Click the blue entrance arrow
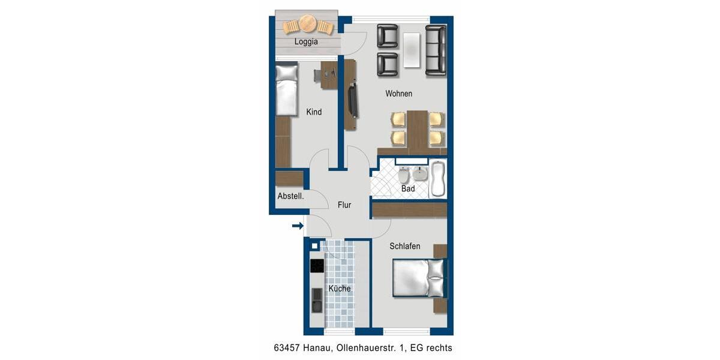coord(297,226)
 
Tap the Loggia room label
coord(306,42)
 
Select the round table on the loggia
coord(308,25)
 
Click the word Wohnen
coord(398,94)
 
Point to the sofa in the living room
coord(436,50)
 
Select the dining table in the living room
coord(417,129)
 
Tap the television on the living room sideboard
coord(354,101)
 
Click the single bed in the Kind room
coord(286,89)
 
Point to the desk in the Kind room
coord(329,75)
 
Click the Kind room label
coord(314,112)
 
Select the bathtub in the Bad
coord(438,179)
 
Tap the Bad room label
coord(408,189)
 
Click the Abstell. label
coord(290,196)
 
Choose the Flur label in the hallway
coord(344,205)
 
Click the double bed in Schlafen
coord(419,277)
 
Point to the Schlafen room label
coord(404,246)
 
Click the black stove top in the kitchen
coord(316,265)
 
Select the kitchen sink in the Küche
coord(316,299)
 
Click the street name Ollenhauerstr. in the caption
coord(367,348)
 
